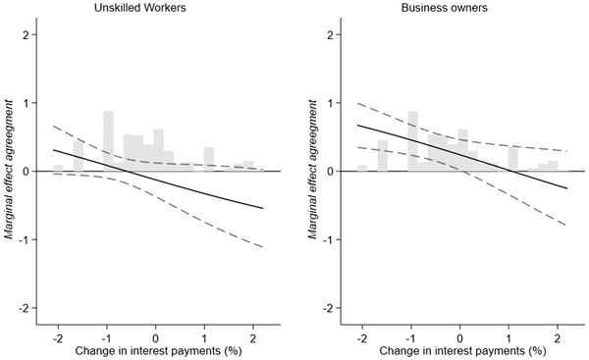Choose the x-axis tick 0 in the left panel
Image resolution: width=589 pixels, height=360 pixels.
(x=157, y=329)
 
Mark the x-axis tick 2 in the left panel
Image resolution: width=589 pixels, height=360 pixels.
(x=254, y=329)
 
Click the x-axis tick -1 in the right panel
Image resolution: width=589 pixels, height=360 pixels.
(x=410, y=329)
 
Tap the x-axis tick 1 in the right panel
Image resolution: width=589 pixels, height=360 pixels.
(x=510, y=329)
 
